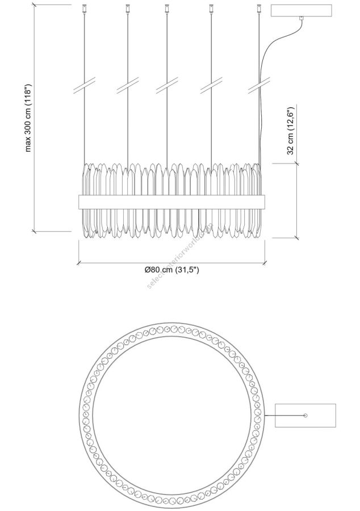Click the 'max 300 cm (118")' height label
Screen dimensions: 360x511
tap(28, 118)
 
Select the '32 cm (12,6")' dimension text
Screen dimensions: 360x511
tap(291, 131)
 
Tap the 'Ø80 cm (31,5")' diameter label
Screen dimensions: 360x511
tap(171, 270)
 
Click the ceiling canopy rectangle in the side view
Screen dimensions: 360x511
tap(302, 11)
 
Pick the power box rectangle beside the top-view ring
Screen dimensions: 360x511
tap(305, 415)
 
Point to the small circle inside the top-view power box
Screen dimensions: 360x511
tap(305, 415)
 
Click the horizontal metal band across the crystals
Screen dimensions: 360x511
tap(171, 202)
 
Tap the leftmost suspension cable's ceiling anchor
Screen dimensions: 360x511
tap(85, 8)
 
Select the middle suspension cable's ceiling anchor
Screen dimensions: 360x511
tap(167, 8)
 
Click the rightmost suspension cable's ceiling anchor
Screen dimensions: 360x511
tap(259, 8)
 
